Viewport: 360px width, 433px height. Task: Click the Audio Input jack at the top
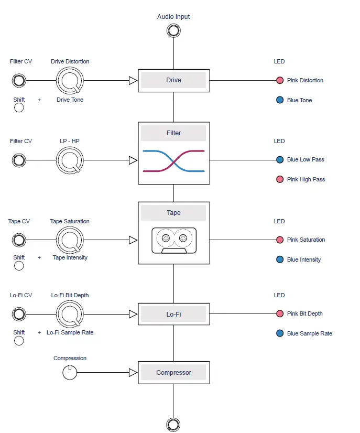point(173,31)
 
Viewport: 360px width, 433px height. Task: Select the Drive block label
point(173,80)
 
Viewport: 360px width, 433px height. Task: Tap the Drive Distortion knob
point(70,81)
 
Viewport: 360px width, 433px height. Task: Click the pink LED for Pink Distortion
point(280,80)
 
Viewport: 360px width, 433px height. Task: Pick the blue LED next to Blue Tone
point(280,100)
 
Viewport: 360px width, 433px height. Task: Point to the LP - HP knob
point(70,160)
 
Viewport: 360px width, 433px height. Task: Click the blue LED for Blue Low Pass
point(280,160)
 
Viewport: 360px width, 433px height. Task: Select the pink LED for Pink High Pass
point(280,179)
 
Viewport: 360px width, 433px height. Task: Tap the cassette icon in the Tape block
point(173,240)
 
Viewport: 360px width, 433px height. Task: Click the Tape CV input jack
point(19,240)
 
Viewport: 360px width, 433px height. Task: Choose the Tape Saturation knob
point(70,240)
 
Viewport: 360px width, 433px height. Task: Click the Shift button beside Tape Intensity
point(19,266)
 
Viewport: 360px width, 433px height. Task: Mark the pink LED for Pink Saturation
point(280,240)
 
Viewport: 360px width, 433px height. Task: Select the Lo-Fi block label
point(173,315)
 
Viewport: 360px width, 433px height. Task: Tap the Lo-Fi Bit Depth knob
point(70,315)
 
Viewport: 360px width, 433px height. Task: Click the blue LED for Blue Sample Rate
point(280,333)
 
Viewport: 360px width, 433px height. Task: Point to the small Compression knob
point(70,373)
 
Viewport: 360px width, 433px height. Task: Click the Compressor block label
point(173,373)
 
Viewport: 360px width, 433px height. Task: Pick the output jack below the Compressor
point(173,424)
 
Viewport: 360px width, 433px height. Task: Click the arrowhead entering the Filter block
point(133,160)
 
